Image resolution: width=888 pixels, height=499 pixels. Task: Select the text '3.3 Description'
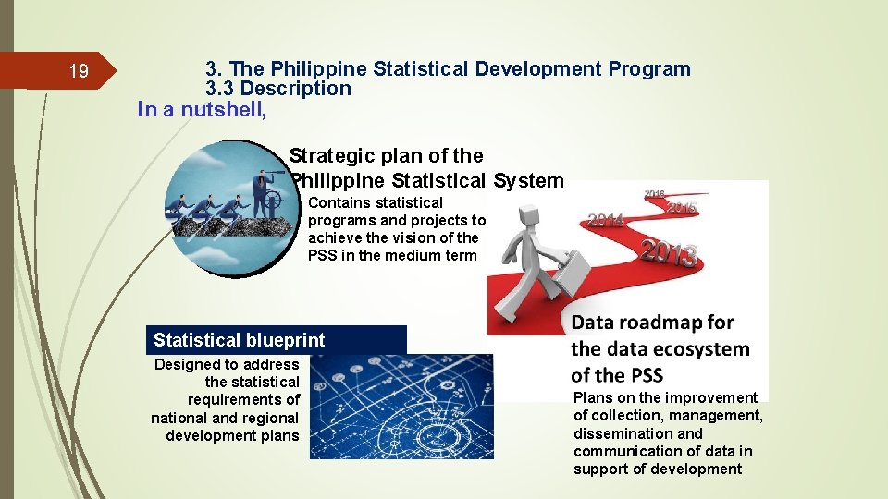point(277,89)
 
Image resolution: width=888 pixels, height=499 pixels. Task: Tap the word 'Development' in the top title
point(543,68)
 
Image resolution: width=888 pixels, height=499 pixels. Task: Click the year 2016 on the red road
point(654,194)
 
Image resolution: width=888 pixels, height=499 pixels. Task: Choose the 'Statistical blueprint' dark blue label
point(276,340)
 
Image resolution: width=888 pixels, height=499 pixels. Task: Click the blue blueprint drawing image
point(401,408)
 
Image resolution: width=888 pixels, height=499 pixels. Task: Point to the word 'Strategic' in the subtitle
point(330,155)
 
